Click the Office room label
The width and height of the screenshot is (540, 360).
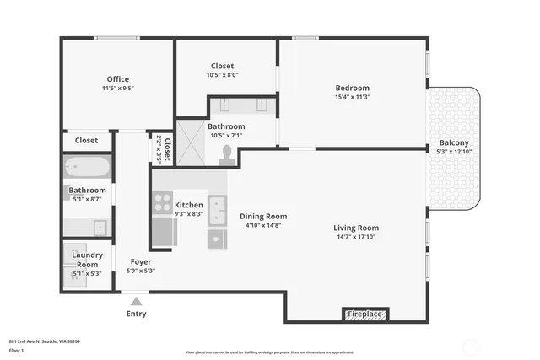click(117, 79)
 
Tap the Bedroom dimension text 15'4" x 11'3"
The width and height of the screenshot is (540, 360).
click(352, 97)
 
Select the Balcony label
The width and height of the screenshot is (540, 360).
click(454, 142)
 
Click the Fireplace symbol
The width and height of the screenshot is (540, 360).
click(366, 314)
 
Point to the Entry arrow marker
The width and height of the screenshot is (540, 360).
click(136, 300)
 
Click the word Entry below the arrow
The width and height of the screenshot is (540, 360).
click(136, 314)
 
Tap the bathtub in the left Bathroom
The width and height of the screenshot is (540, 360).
click(88, 167)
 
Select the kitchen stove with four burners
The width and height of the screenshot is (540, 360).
click(162, 203)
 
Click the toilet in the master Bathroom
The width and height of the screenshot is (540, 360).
click(226, 153)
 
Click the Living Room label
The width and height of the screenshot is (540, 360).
click(356, 228)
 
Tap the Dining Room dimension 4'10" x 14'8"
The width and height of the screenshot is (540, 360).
click(263, 225)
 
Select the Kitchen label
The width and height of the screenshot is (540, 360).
click(189, 205)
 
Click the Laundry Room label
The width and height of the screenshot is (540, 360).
click(88, 260)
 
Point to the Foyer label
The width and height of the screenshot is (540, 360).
click(140, 261)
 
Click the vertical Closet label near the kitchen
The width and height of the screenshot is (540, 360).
click(167, 148)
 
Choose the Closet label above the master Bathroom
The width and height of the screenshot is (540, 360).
click(222, 66)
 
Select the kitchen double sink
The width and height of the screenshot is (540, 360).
click(217, 207)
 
